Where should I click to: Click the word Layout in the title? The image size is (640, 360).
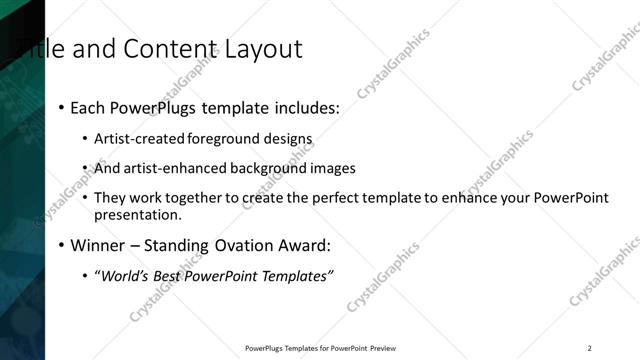point(260,48)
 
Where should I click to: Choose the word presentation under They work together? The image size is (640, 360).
point(137,214)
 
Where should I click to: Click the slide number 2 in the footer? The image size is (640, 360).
point(589,348)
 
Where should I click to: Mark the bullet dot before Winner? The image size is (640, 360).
point(62,245)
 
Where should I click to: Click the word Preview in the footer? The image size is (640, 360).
point(383,348)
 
